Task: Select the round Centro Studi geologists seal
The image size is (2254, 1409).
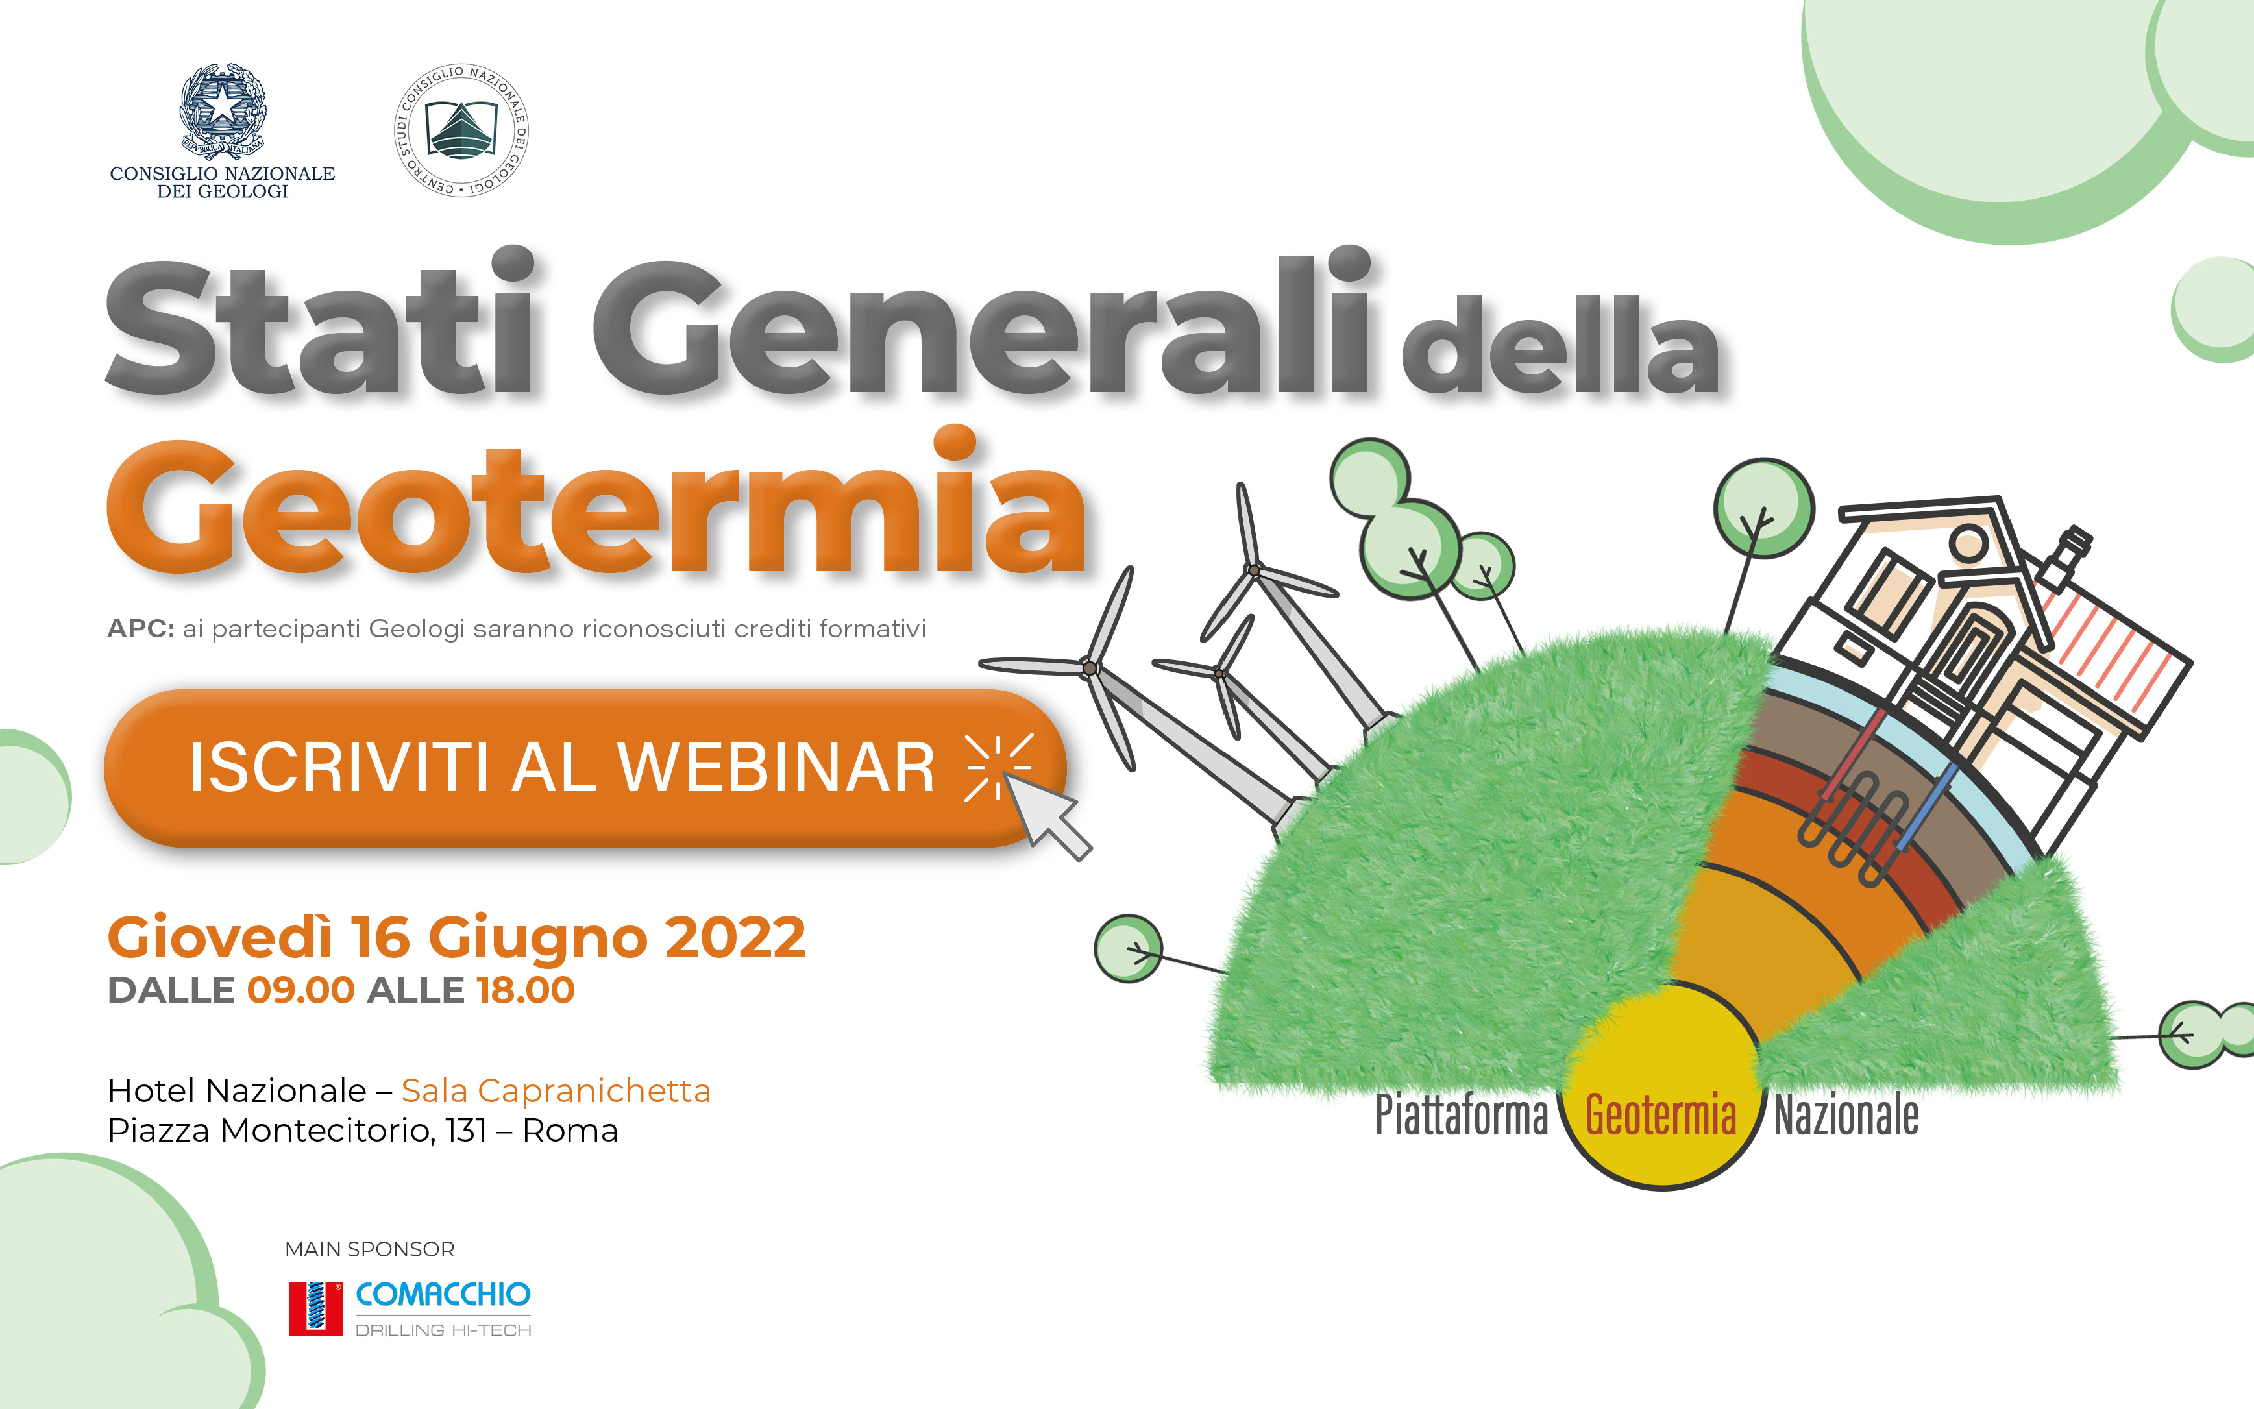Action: click(461, 130)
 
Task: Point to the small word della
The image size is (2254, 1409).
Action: click(1561, 344)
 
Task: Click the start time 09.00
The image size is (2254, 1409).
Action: click(301, 990)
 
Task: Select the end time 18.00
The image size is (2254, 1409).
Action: click(526, 990)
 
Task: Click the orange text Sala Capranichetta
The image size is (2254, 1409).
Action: click(556, 1090)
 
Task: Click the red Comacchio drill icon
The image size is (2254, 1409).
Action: click(316, 1308)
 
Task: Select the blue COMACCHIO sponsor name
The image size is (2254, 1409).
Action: click(443, 1294)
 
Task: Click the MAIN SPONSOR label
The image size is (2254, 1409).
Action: click(370, 1249)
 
